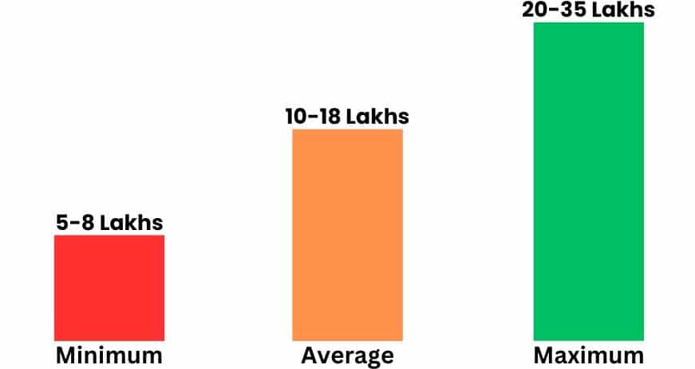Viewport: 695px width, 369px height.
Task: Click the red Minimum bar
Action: (109, 288)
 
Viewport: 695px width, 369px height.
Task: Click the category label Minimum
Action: (109, 355)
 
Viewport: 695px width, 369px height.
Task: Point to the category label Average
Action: (347, 355)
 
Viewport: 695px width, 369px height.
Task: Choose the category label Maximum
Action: (588, 355)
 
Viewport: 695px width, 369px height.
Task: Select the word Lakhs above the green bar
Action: (622, 10)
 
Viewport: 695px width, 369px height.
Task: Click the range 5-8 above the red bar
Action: (77, 223)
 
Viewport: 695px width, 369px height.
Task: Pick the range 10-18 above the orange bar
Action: (314, 117)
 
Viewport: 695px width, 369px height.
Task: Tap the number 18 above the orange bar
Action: (330, 117)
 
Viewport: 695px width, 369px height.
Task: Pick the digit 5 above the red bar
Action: (63, 223)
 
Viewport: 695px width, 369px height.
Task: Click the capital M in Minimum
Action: (65, 355)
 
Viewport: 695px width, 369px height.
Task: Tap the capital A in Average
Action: (309, 355)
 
